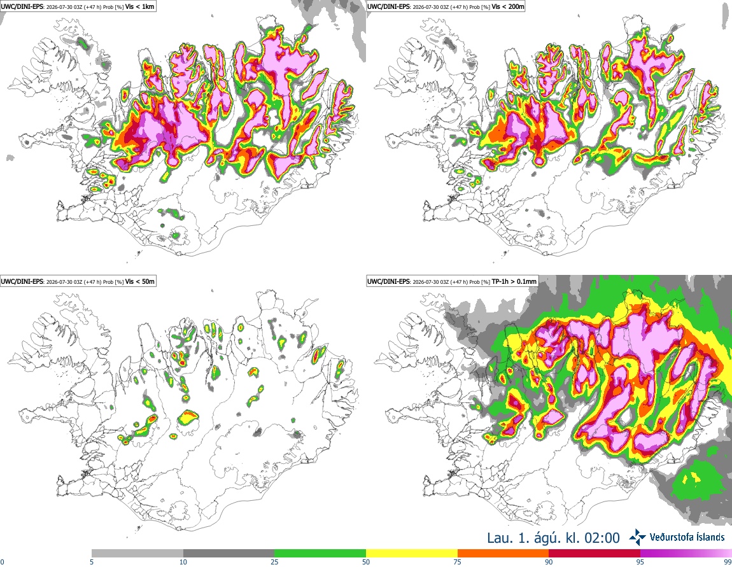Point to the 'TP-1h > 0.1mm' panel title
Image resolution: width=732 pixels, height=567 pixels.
(x=514, y=281)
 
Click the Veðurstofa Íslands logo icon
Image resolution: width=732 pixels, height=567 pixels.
(x=638, y=537)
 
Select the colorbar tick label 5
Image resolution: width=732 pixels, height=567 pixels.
(x=92, y=562)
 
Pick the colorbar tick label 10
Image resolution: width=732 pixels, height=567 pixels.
(x=183, y=562)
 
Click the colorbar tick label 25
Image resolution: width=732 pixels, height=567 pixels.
(x=274, y=562)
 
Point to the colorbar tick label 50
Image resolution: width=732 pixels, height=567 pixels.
(x=366, y=562)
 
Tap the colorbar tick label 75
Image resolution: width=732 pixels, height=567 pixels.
(x=458, y=562)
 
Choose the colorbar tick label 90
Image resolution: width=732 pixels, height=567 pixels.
(x=549, y=562)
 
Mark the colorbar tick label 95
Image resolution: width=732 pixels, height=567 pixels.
(x=640, y=562)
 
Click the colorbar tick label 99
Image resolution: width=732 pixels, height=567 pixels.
(x=728, y=562)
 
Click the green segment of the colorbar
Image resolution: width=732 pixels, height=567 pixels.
(x=320, y=554)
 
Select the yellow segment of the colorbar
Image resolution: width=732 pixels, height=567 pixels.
(x=412, y=554)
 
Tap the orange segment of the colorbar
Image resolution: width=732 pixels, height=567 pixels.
(x=503, y=554)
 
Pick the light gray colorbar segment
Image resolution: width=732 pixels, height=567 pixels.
(x=137, y=554)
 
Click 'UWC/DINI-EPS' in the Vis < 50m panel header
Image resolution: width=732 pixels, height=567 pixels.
(x=22, y=281)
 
